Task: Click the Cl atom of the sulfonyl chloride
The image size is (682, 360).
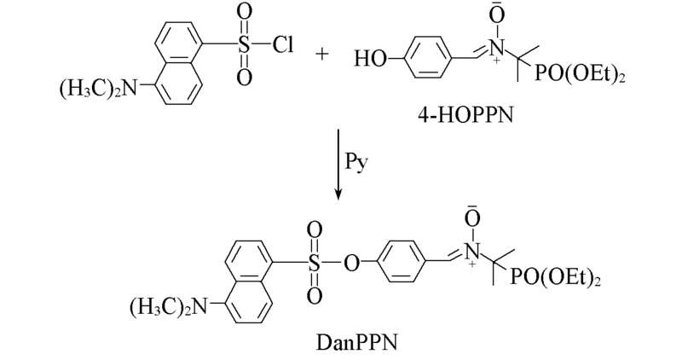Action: [283, 44]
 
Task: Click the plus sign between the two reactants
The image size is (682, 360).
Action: [322, 55]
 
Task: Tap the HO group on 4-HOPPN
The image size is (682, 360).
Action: [370, 58]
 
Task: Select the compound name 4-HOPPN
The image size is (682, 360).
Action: [465, 115]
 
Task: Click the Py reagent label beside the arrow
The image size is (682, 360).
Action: [356, 162]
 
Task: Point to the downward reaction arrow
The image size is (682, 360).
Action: [338, 165]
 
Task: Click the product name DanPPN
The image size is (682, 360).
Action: [356, 342]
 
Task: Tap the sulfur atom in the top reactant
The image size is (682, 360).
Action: [245, 44]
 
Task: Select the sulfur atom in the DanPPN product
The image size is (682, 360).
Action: [314, 263]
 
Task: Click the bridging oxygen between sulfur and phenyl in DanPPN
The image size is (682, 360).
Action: [352, 263]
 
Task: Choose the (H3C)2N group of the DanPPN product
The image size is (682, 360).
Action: [168, 307]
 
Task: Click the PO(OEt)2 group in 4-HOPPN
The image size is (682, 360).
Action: [581, 73]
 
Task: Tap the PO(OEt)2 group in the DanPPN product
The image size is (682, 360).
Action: [556, 277]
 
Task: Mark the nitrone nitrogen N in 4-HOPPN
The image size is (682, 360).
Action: [496, 47]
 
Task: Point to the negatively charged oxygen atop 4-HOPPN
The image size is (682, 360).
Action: [497, 15]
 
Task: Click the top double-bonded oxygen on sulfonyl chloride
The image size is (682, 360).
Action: [245, 13]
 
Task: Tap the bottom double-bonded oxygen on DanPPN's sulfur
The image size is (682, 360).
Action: [314, 295]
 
